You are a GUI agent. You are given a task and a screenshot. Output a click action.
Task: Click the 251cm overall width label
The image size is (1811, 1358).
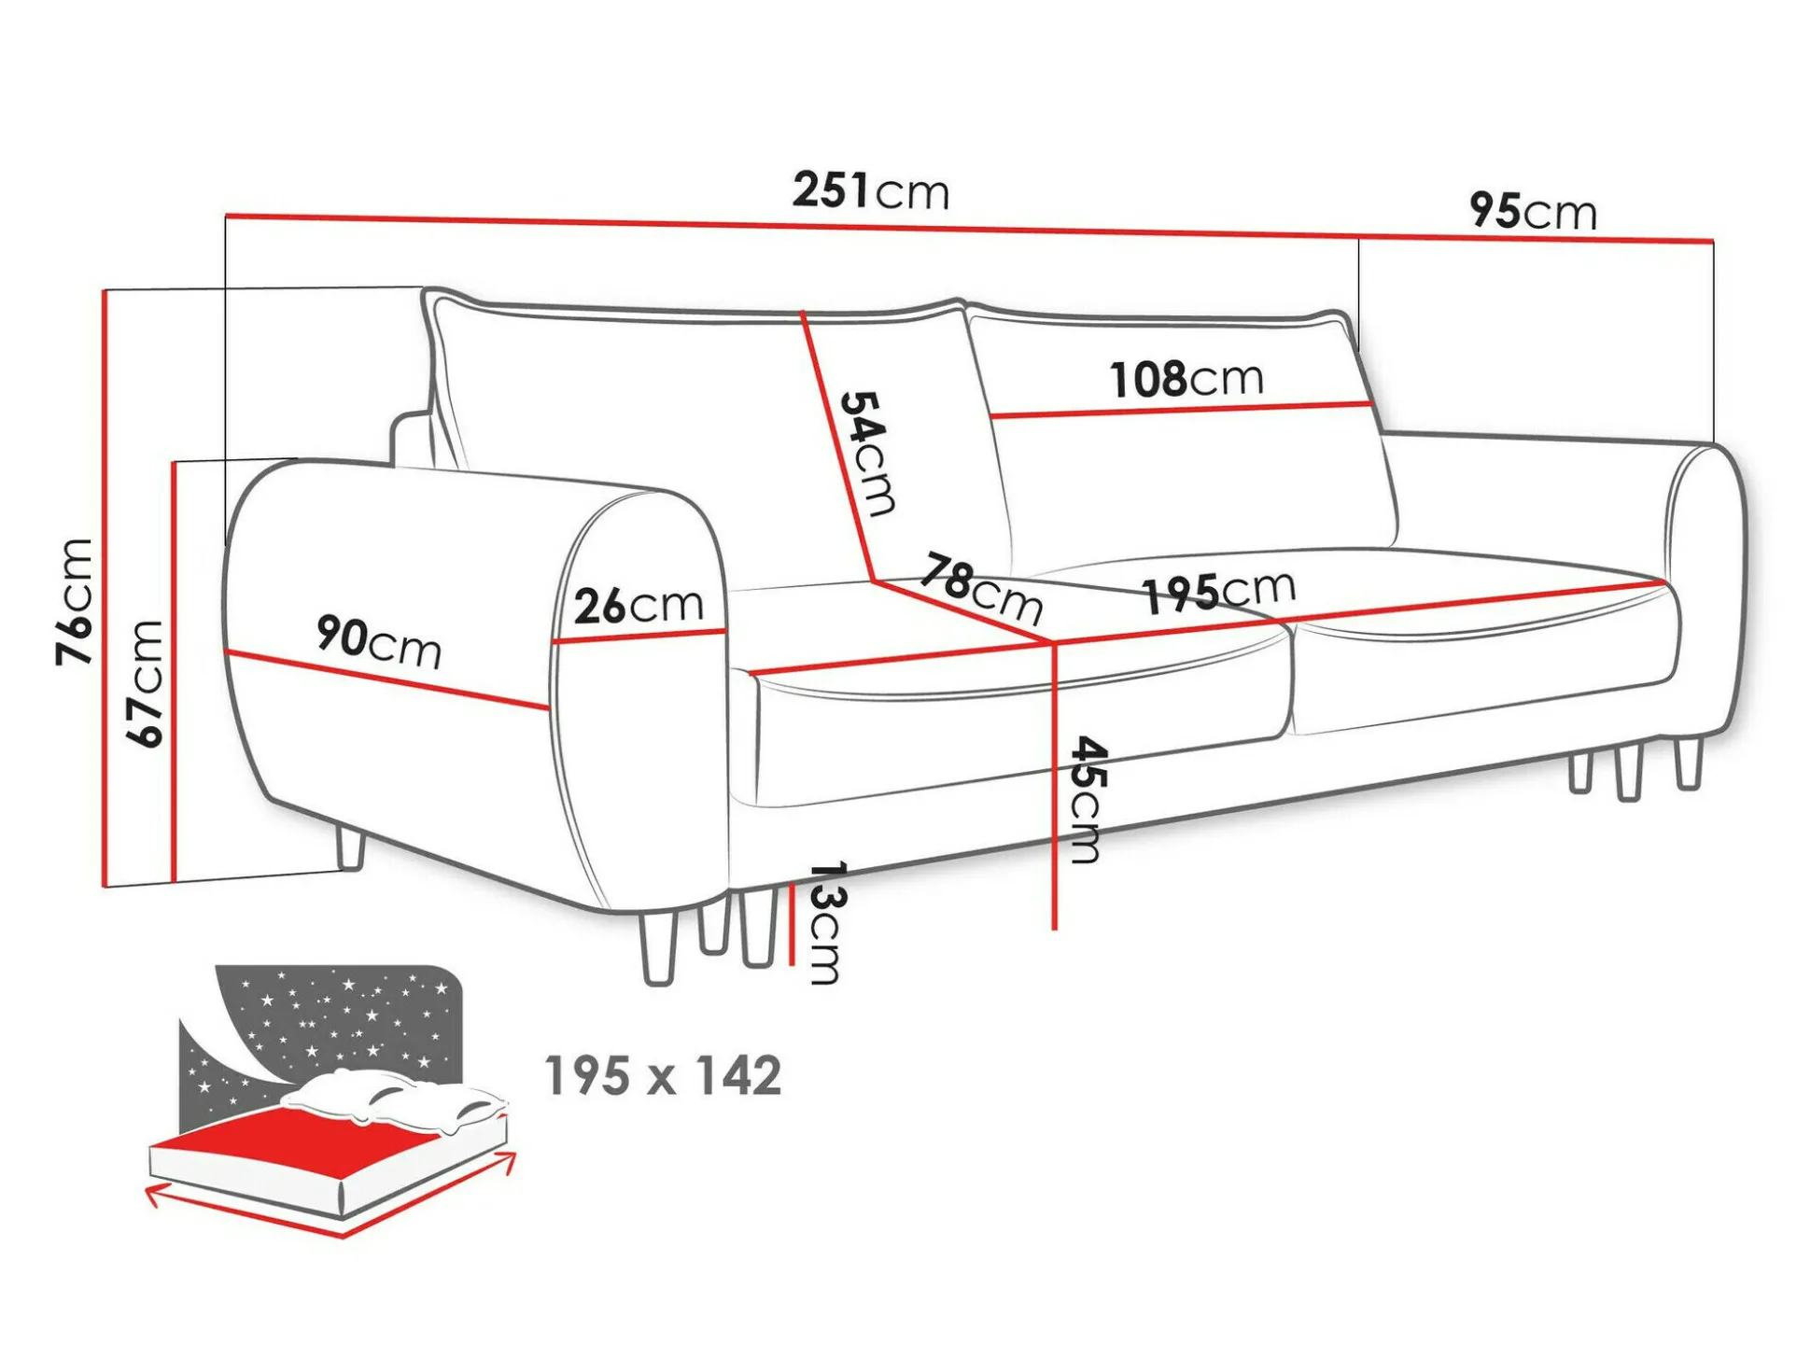point(871,190)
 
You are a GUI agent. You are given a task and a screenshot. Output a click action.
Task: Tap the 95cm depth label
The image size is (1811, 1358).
point(1533,211)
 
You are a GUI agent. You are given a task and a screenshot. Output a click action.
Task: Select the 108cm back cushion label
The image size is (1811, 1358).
point(1186,380)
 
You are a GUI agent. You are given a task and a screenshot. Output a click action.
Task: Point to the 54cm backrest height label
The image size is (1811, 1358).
point(868,454)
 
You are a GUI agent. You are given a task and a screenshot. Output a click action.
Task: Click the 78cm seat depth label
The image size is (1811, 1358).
point(981,588)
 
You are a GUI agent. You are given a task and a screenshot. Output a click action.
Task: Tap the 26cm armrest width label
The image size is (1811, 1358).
point(639,606)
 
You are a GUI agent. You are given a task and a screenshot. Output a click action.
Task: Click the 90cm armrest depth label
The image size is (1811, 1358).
point(379,642)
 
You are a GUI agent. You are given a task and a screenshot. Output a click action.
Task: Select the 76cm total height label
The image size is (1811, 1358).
point(75,602)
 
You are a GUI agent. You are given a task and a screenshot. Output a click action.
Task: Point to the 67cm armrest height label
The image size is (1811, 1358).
point(145,683)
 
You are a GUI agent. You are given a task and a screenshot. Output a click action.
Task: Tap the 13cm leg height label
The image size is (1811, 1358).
point(826,923)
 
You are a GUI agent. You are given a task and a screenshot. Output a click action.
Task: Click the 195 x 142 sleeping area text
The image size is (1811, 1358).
point(663,1076)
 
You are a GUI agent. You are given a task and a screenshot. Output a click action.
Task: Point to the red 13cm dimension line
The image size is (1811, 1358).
point(791,924)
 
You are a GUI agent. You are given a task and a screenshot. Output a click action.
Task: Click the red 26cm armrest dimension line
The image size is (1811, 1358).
point(639,637)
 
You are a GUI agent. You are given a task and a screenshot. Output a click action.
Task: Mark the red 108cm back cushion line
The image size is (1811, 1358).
point(1181,410)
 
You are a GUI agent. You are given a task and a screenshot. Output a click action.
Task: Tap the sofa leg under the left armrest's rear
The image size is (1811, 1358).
point(350,848)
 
